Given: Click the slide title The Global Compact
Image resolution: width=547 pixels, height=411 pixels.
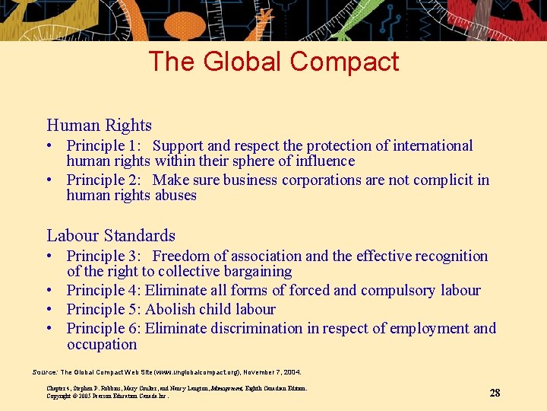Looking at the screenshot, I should [273, 61].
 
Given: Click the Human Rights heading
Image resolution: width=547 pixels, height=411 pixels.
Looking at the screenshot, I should [99, 126].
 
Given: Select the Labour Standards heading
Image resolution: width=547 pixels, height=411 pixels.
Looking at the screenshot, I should [111, 236].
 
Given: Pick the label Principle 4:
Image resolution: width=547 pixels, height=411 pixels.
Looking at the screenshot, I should [103, 291].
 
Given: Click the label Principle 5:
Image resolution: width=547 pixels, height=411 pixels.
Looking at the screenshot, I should [103, 310].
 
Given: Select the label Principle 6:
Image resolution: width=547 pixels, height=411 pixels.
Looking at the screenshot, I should [103, 329].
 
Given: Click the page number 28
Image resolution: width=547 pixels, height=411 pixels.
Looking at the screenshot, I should [495, 393].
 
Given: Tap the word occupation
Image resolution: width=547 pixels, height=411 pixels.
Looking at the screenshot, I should [102, 344].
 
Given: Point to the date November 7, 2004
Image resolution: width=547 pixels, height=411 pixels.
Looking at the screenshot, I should [272, 372].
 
